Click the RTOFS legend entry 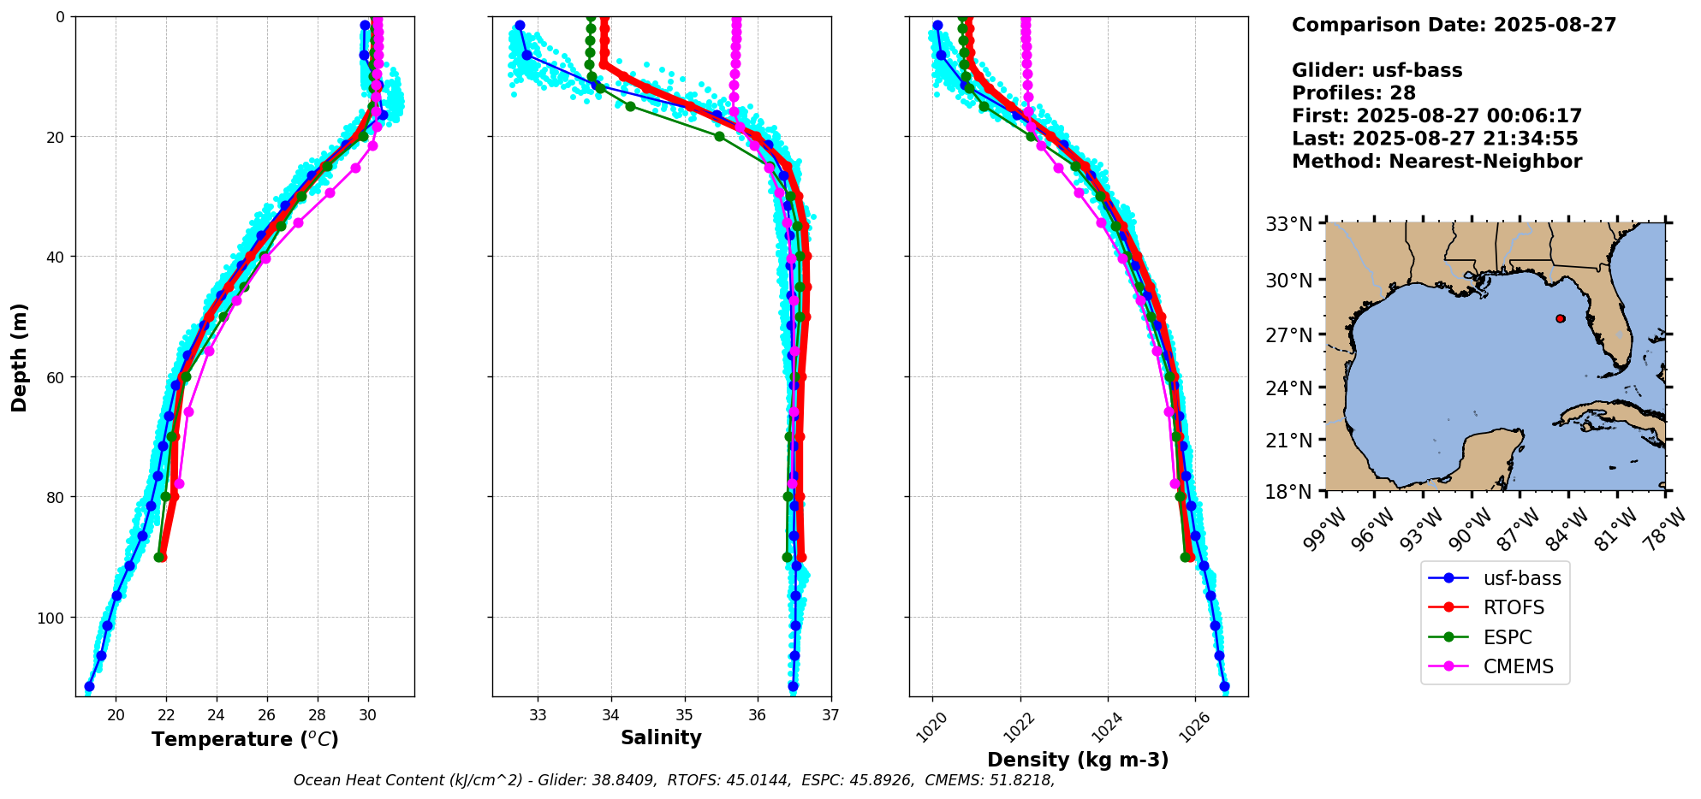point(1514,607)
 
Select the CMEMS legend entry point(1518,666)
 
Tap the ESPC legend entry point(1507,637)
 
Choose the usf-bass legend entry point(1521,578)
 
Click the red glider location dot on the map point(1561,318)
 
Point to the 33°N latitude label point(1288,224)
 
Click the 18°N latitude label point(1288,493)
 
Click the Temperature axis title point(245,739)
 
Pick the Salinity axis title point(661,738)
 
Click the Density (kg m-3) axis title point(1078,760)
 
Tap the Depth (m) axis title point(20,357)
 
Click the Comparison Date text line point(1454,25)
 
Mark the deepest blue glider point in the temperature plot point(89,686)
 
